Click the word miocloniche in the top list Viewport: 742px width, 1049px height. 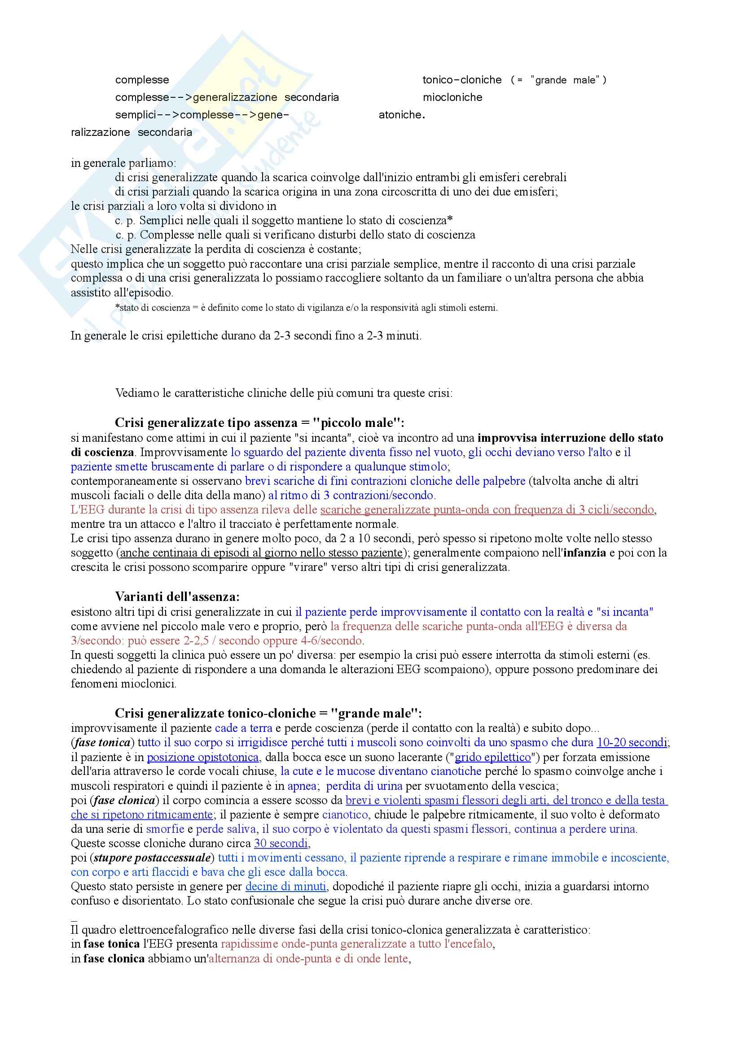(x=452, y=97)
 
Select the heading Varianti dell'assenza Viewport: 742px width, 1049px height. (x=177, y=596)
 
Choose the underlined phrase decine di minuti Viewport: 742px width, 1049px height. (x=286, y=887)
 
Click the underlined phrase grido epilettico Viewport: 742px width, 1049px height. (x=493, y=757)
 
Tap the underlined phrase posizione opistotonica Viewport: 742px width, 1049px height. (x=202, y=757)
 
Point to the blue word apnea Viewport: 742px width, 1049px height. (x=302, y=786)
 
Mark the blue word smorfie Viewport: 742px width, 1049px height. (x=165, y=829)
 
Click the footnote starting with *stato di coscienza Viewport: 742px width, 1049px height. (x=306, y=308)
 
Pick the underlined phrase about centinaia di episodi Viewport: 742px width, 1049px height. (x=261, y=553)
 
